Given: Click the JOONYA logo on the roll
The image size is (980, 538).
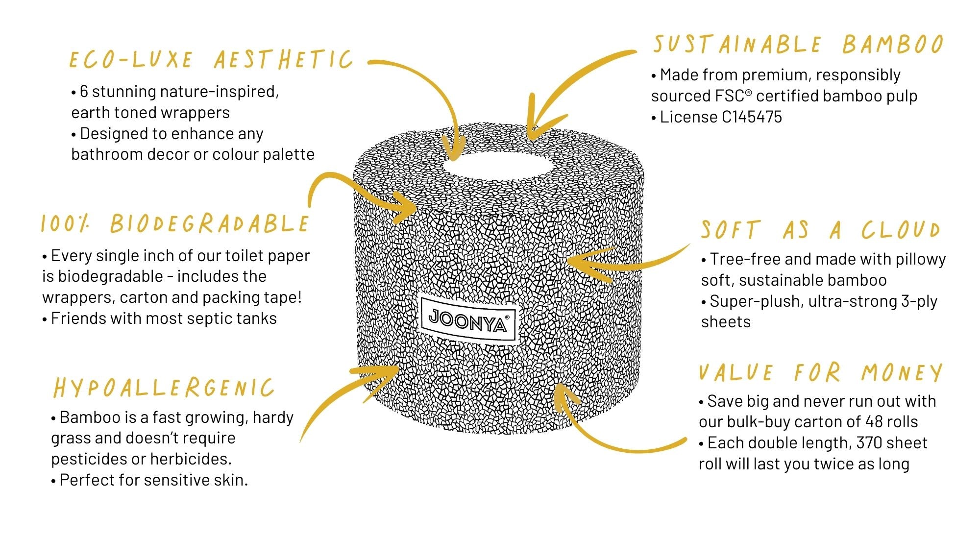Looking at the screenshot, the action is (x=468, y=319).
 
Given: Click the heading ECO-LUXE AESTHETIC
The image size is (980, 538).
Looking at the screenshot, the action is (x=211, y=60).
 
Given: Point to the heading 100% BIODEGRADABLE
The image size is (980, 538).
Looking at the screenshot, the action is (x=175, y=224).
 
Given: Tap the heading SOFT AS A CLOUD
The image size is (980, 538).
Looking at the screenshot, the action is (x=820, y=230).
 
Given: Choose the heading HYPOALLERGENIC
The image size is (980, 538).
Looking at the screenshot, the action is (x=164, y=388).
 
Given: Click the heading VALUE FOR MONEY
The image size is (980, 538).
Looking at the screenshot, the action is (x=820, y=373).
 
